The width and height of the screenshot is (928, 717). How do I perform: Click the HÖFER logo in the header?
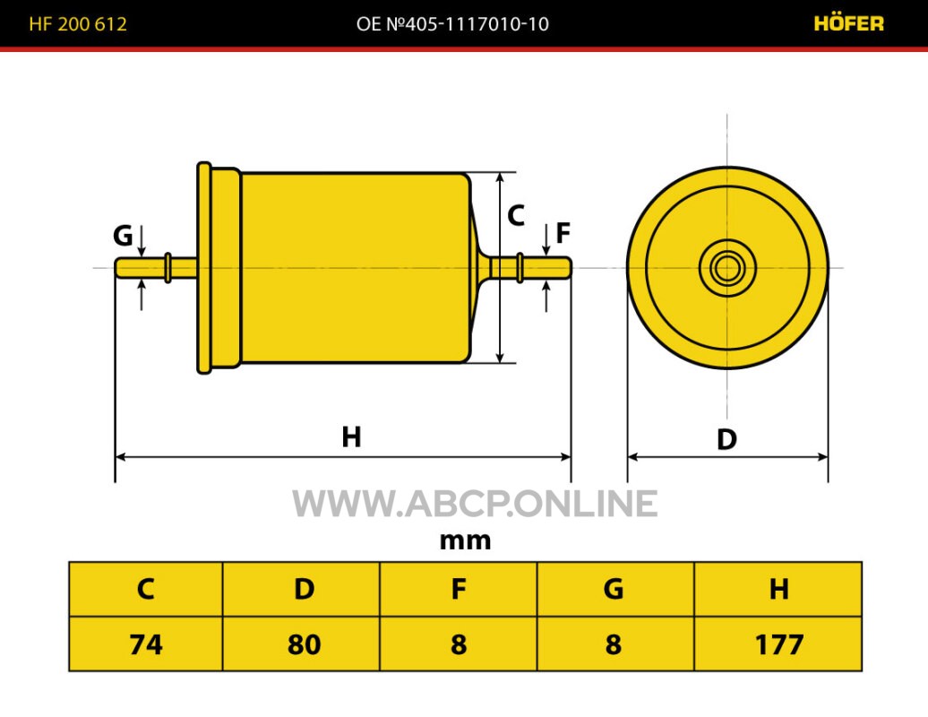[x=848, y=23]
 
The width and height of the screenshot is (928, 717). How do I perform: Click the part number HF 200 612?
[x=78, y=23]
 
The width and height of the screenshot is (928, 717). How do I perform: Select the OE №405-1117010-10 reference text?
[x=452, y=23]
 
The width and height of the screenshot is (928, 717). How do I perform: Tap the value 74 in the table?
[x=146, y=644]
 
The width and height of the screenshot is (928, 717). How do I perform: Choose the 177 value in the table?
[x=779, y=644]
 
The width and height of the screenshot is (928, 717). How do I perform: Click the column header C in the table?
[x=146, y=589]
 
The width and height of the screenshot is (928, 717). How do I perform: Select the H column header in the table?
[x=779, y=589]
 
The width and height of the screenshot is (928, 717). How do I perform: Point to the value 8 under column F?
[x=459, y=644]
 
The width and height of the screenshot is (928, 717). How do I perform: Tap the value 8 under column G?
[x=614, y=644]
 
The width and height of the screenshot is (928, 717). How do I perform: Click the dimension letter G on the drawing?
[x=123, y=236]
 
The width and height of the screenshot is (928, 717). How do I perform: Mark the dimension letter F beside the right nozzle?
[x=563, y=233]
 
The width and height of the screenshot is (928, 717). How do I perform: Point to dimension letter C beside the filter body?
[x=516, y=215]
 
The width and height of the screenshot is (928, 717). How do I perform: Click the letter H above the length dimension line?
[x=351, y=437]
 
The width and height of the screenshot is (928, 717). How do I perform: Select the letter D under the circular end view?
[x=726, y=439]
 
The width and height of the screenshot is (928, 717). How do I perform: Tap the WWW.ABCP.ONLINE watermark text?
[x=475, y=504]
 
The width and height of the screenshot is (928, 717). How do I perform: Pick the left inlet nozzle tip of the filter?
[x=118, y=268]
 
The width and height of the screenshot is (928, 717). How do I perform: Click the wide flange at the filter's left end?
[x=204, y=268]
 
